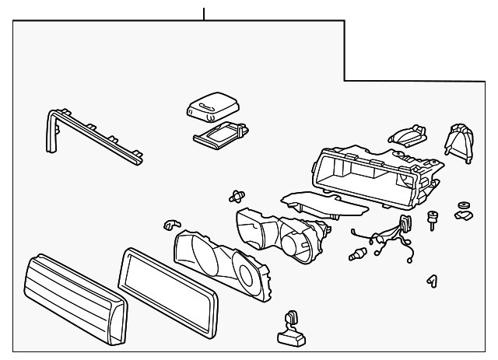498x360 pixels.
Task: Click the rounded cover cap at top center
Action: click(x=212, y=104)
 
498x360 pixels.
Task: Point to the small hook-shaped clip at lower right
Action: click(x=431, y=280)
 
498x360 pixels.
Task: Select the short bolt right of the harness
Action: click(x=432, y=221)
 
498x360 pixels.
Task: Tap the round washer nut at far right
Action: click(x=465, y=209)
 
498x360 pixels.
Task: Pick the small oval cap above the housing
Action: click(x=407, y=133)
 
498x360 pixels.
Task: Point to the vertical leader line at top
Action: click(x=204, y=13)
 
